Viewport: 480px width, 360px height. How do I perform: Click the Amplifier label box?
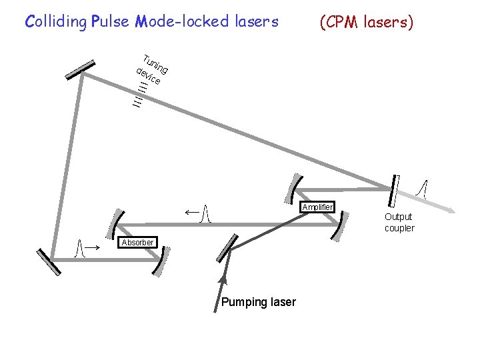317,207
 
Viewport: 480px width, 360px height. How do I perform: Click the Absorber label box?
138,242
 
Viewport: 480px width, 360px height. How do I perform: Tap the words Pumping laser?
258,302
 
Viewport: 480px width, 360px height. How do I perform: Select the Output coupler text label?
399,222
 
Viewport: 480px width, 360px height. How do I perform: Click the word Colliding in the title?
55,21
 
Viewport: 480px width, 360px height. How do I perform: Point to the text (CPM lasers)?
367,22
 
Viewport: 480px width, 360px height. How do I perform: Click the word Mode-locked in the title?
170,21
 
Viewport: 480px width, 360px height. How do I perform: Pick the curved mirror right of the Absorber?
159,261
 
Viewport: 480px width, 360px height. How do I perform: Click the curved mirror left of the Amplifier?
295,188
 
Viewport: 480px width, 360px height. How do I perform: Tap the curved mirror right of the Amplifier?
341,226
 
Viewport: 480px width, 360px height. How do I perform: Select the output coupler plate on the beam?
394,191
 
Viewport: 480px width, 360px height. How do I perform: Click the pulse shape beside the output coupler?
422,189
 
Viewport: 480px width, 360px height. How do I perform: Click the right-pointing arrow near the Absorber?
94,247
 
